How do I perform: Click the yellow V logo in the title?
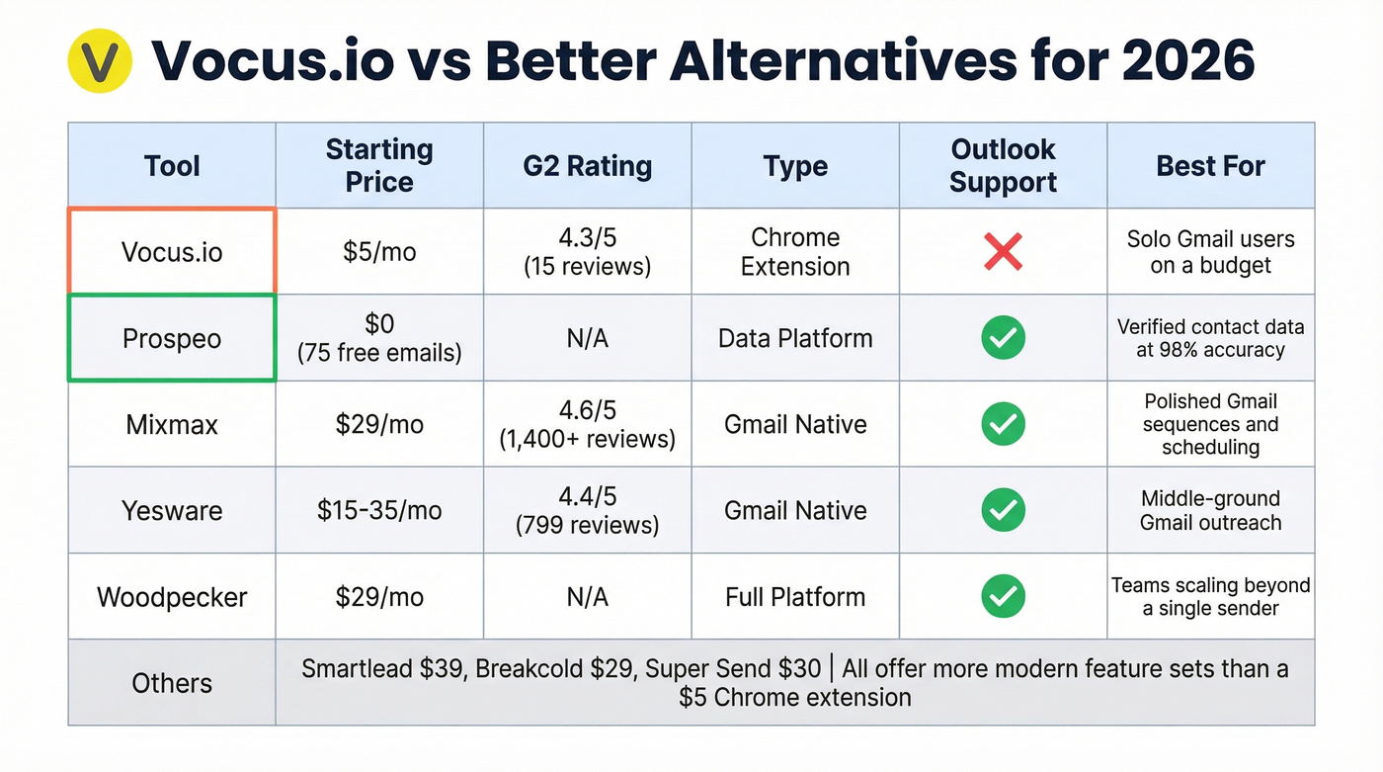tap(100, 61)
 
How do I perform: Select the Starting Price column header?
tap(379, 165)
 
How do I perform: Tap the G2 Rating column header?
tap(587, 165)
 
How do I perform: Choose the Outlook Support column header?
tap(1003, 165)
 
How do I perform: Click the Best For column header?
tap(1210, 165)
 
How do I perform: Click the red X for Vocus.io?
tap(1003, 252)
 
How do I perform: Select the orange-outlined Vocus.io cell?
tap(172, 252)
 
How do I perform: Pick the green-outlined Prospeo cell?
tap(172, 338)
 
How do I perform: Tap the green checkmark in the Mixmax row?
tap(1003, 424)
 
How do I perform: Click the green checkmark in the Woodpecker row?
tap(1003, 596)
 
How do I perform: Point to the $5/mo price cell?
tap(379, 252)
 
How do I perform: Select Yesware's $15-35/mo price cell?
tap(379, 510)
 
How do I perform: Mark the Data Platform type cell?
tap(795, 338)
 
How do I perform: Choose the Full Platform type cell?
tap(795, 596)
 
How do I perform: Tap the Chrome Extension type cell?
tap(795, 252)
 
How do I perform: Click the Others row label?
tap(172, 683)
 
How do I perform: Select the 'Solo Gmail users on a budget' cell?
tap(1210, 252)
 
